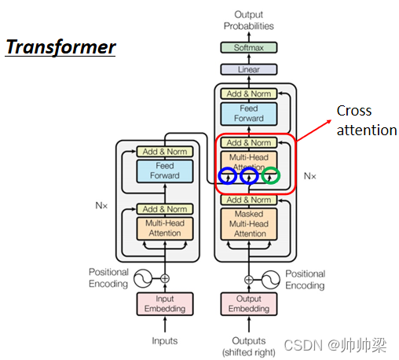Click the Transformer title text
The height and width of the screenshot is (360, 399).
60,47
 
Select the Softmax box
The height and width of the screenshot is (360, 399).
249,48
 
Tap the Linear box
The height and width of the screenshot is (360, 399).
249,69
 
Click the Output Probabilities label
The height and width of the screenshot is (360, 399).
249,20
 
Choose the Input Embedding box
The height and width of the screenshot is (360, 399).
165,303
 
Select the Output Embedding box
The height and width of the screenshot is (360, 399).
249,303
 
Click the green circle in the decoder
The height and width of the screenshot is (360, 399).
270,176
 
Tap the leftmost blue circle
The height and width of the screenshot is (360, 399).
228,176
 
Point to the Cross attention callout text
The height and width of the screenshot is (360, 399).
366,120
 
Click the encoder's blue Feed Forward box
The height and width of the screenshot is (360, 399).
165,171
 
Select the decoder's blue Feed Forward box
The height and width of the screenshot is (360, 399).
249,114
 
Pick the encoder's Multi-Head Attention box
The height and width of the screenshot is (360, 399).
165,229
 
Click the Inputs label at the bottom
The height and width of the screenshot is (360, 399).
165,340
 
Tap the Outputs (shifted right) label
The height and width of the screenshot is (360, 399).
249,346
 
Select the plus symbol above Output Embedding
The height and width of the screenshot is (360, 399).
249,278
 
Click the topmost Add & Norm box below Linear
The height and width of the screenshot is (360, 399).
249,94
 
